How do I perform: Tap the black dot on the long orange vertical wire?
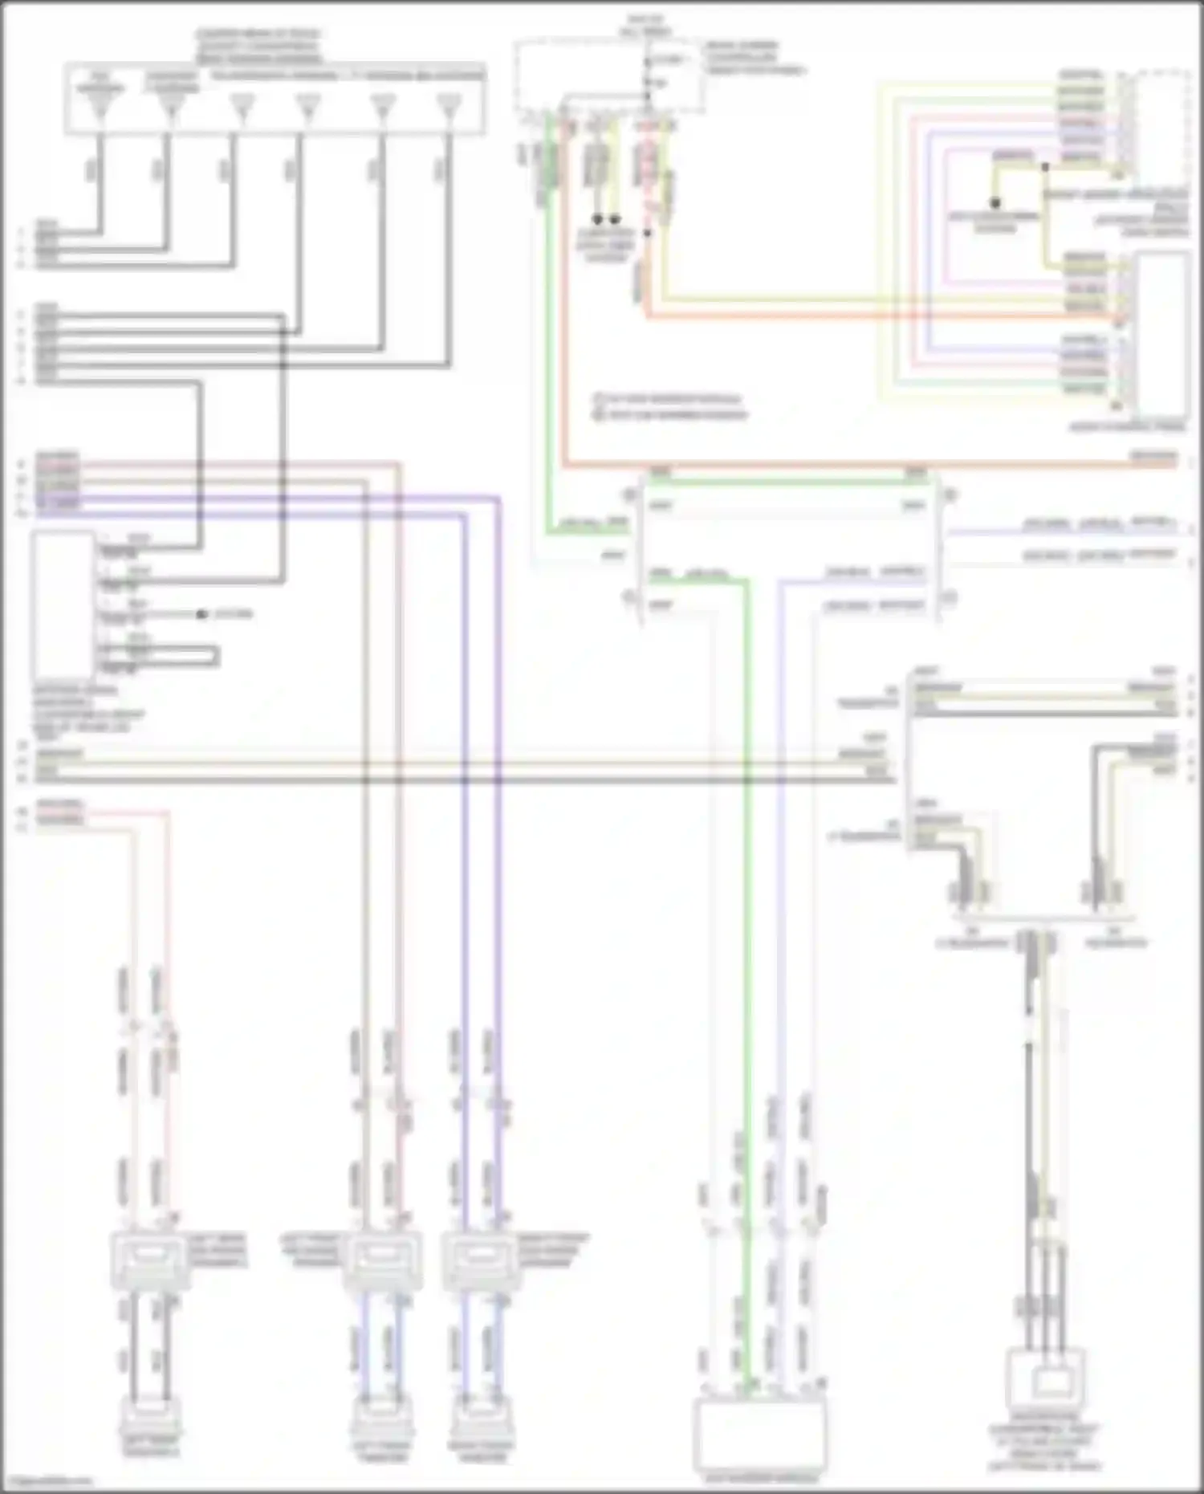(648, 233)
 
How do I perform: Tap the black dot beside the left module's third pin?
(201, 615)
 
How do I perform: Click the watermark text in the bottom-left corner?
(47, 1481)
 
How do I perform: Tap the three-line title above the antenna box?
(258, 47)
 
